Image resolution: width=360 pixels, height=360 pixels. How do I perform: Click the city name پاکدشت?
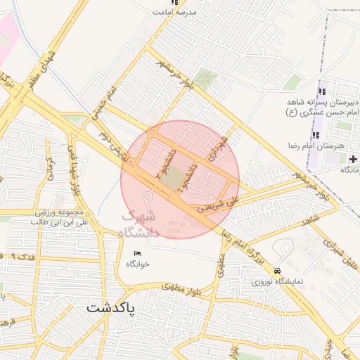(x=112, y=308)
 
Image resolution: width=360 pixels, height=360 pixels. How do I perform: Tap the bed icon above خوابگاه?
(x=137, y=253)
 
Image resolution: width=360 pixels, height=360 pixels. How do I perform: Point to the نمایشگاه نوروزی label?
(x=278, y=282)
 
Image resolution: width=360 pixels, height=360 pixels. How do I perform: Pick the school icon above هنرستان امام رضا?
(x=315, y=135)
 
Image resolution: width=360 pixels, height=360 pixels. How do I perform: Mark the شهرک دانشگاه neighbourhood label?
(x=140, y=224)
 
